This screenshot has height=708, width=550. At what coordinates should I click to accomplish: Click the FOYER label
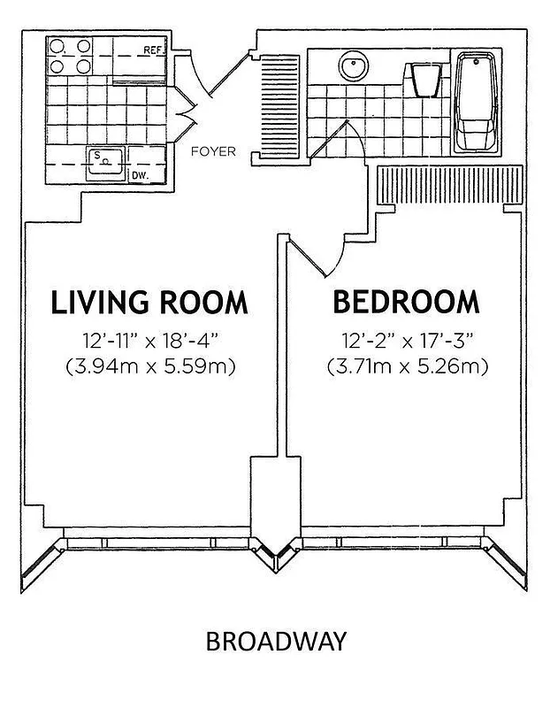(214, 151)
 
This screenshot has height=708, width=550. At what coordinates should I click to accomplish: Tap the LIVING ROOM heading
(149, 302)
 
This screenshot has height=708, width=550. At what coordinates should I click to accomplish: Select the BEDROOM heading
(406, 302)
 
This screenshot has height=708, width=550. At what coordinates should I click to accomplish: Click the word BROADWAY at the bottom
(275, 641)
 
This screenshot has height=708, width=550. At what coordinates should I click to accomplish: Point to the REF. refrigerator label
(155, 50)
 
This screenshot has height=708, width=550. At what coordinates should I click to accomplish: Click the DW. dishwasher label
(139, 175)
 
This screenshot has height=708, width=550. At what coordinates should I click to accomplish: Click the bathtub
(477, 102)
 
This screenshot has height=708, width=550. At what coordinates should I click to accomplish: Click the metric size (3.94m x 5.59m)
(149, 365)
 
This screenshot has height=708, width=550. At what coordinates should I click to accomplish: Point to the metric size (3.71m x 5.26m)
(407, 365)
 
